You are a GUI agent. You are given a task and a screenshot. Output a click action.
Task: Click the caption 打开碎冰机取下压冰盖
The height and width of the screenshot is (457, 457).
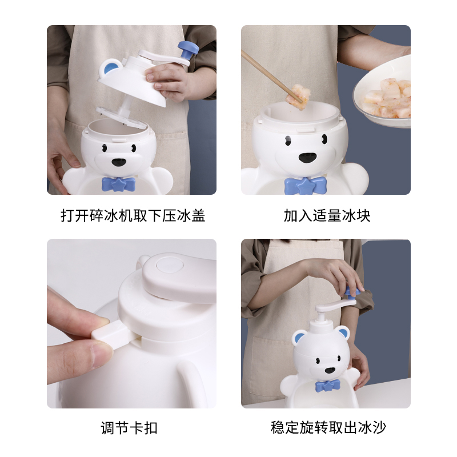133,216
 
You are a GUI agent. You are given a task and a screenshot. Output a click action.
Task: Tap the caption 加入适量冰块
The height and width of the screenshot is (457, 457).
327,216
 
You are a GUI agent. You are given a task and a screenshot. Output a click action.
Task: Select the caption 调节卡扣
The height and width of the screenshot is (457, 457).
129,428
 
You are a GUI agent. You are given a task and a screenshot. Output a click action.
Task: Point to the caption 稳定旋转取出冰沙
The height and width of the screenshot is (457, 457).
328,427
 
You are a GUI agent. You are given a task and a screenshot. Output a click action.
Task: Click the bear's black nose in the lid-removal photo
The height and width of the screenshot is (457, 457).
119,162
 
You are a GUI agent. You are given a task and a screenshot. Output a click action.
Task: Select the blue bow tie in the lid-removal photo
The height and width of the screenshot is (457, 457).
119,184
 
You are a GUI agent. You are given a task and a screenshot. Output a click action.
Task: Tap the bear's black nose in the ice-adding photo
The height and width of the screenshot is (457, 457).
307,158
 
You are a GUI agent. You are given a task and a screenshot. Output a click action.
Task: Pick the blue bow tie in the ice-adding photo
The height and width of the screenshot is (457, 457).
306,185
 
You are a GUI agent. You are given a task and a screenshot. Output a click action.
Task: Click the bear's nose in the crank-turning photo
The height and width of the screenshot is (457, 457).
330,370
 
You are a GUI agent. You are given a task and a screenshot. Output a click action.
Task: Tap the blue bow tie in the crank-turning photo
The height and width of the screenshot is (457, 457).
327,386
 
